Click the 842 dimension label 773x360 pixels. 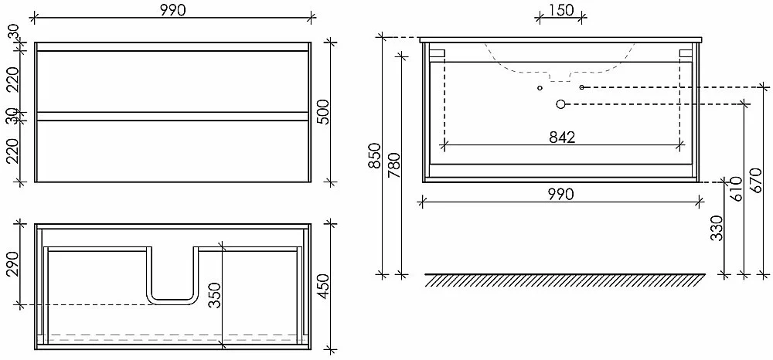pos(562,138)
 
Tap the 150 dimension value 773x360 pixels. pos(560,10)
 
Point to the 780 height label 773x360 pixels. pos(394,165)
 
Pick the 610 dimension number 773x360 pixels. pos(735,189)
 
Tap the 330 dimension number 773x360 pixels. pos(718,228)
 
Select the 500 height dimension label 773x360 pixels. pos(323,112)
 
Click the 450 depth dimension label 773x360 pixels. pos(323,287)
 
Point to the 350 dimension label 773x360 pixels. pos(215,295)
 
